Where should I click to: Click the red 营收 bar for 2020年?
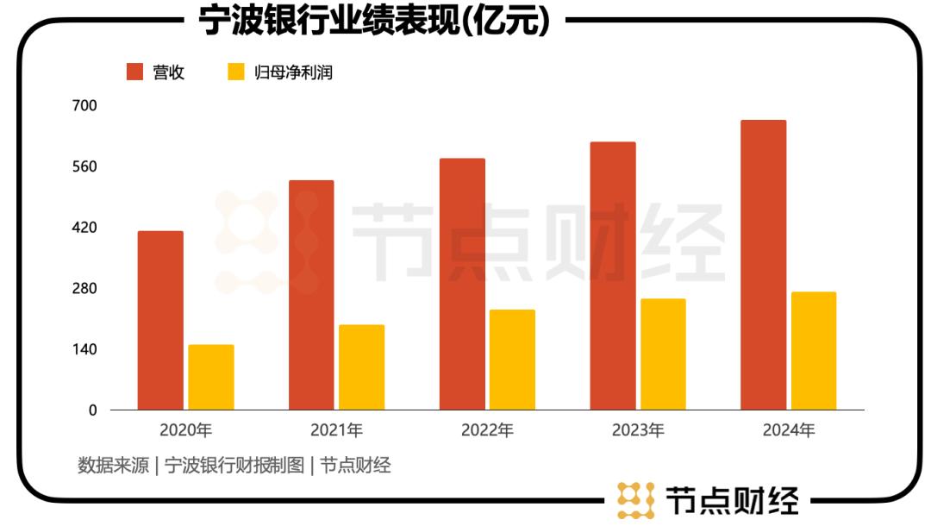pos(160,320)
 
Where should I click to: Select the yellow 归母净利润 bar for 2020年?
pos(211,377)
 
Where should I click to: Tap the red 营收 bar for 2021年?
pos(311,295)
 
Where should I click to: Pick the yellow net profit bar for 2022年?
pos(512,360)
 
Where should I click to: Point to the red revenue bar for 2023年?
pos(613,276)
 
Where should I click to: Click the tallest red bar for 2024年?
pos(763,265)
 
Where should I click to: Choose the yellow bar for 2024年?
pos(814,351)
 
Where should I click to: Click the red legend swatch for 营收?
pos(134,72)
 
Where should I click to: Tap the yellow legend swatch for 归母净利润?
pos(236,72)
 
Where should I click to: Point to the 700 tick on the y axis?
pos(86,106)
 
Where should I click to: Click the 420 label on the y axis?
pos(86,228)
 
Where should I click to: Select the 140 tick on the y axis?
pos(86,349)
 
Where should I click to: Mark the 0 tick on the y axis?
pos(92,410)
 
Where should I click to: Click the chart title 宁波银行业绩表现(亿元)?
pos(374,21)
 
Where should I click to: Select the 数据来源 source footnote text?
pos(234,466)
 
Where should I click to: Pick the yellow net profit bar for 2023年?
pos(663,354)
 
